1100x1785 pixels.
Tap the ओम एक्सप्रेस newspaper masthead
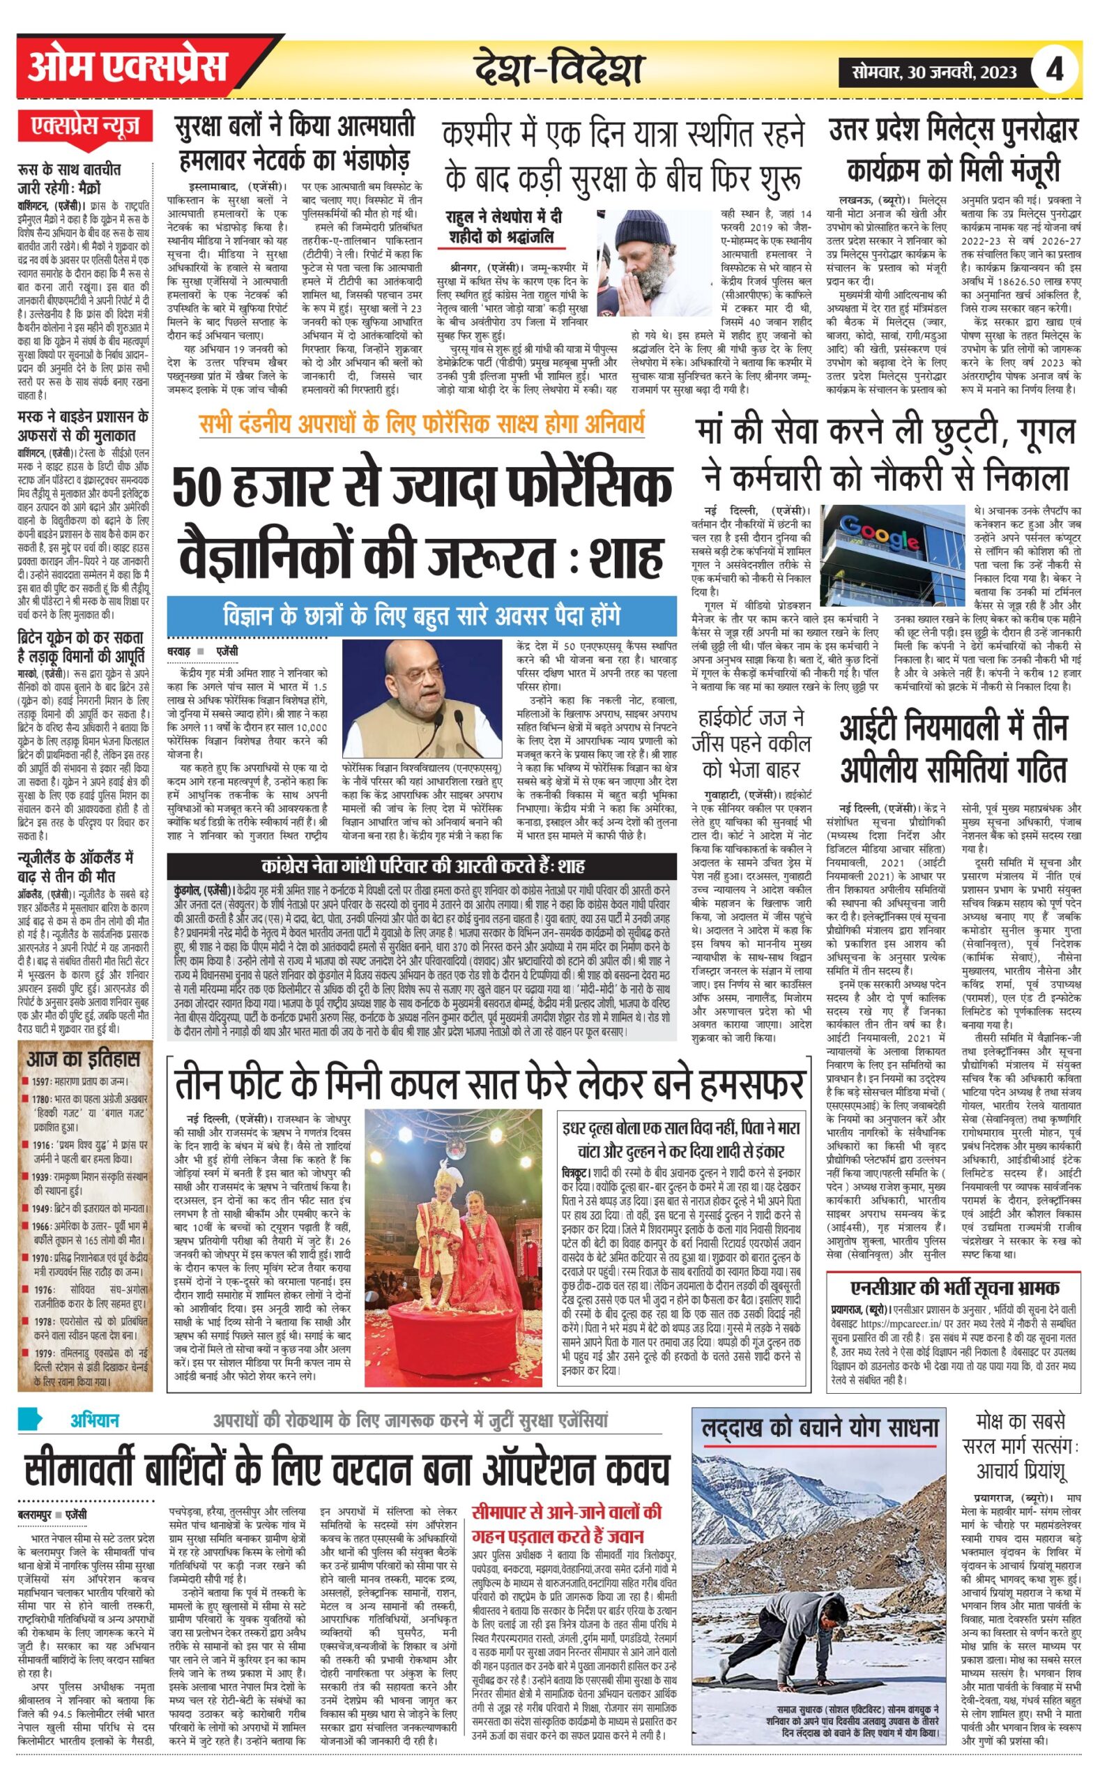click(x=128, y=68)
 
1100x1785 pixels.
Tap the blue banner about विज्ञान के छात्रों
click(x=421, y=616)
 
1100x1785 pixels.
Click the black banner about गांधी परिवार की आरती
click(x=422, y=867)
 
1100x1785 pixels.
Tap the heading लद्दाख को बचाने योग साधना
click(x=820, y=1428)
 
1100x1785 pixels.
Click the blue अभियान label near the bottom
click(x=95, y=1420)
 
